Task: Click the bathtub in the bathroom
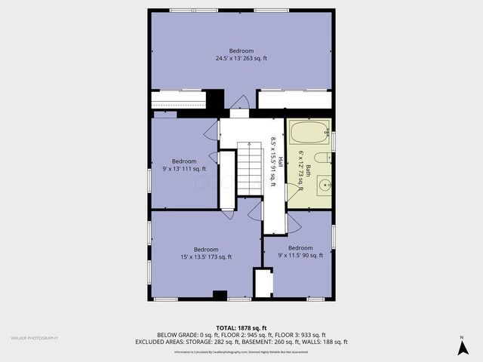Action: click(x=310, y=133)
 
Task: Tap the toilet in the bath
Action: click(x=320, y=158)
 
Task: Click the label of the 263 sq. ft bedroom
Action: click(x=241, y=54)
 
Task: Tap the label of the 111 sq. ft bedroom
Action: click(x=184, y=164)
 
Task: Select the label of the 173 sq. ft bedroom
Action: click(x=206, y=253)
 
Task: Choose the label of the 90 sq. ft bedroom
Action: click(x=300, y=251)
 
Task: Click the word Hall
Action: click(x=281, y=162)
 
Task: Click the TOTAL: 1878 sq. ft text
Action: click(x=241, y=327)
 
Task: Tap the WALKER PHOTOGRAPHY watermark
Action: click(x=34, y=338)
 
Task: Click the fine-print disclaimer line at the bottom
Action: click(x=241, y=352)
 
